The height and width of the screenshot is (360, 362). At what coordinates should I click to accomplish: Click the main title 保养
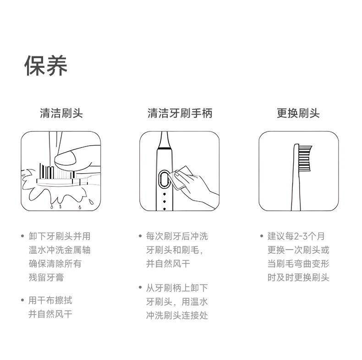(46, 66)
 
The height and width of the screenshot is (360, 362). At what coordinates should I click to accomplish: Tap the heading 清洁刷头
(61, 113)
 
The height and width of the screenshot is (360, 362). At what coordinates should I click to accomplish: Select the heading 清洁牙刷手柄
(180, 113)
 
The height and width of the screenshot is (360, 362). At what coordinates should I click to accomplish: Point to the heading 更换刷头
(298, 113)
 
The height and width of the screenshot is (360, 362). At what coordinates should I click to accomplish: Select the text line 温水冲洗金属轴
(59, 250)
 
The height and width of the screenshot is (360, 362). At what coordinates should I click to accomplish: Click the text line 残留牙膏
(46, 278)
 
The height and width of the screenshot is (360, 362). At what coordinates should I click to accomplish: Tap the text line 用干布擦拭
(50, 300)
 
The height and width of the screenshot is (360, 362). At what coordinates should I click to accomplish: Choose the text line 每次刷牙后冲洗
(177, 236)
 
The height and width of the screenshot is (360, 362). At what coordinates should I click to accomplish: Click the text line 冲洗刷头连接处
(177, 316)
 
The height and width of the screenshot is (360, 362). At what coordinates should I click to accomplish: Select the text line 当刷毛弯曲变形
(298, 264)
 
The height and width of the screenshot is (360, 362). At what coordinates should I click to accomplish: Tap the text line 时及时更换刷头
(298, 278)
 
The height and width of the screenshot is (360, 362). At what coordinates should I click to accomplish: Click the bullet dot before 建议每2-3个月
(261, 236)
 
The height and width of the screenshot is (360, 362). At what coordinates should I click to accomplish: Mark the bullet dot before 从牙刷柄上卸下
(140, 288)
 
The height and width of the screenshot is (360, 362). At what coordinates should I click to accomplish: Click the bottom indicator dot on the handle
(165, 209)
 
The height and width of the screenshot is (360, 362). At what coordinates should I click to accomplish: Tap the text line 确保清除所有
(55, 264)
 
